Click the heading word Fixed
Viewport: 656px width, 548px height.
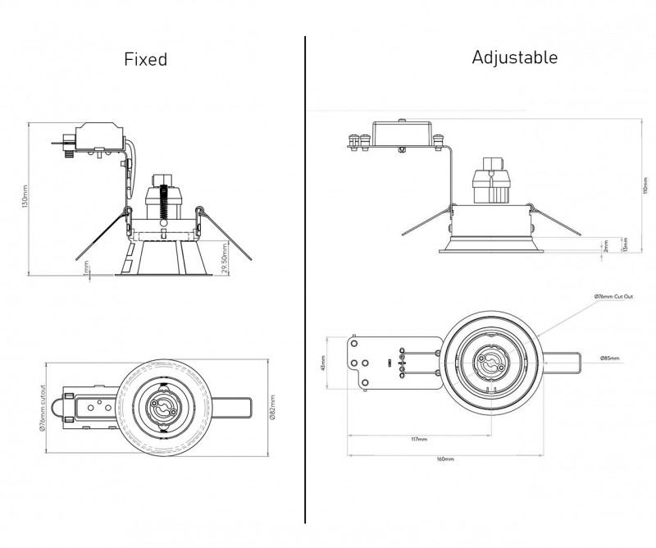145,59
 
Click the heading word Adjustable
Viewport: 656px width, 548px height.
515,57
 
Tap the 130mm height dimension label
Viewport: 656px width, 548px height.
25,198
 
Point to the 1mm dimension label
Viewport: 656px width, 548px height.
86,268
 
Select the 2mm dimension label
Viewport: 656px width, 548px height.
605,245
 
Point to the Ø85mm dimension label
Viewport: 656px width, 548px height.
608,358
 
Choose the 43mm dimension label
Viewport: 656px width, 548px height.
325,362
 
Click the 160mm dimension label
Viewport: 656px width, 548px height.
445,459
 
